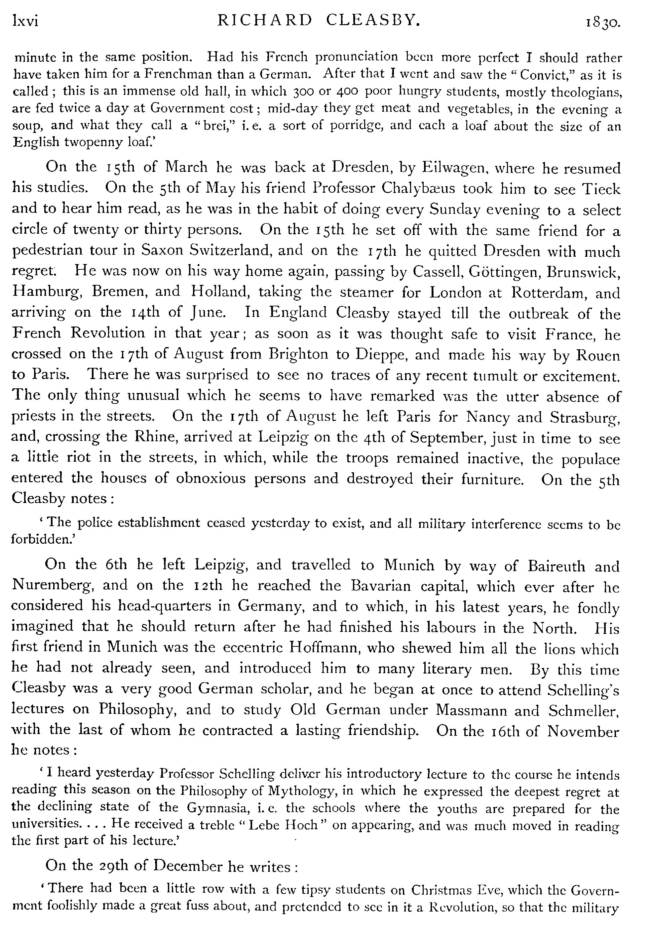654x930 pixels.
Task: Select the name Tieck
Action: click(x=601, y=189)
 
